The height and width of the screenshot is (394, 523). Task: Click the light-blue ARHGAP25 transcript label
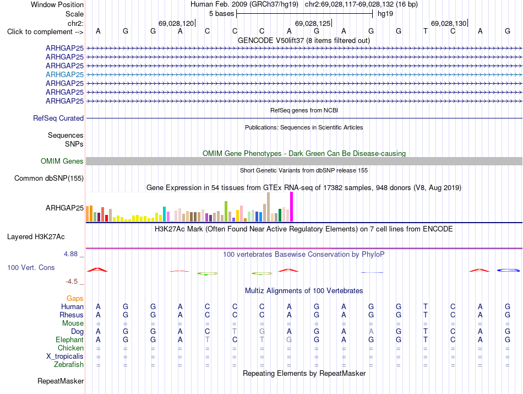65,74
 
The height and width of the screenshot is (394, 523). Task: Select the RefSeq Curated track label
58,118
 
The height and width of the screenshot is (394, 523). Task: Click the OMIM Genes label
62,161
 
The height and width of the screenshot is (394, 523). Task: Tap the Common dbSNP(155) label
49,179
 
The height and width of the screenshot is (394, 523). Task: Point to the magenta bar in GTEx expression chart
292,207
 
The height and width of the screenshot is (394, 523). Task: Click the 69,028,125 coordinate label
313,24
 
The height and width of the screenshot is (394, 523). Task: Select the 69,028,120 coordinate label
176,24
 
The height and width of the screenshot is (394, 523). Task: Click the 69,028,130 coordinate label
449,24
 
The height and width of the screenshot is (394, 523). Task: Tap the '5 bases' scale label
222,14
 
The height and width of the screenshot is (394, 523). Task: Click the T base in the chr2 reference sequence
425,31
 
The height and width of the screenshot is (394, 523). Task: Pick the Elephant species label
70,340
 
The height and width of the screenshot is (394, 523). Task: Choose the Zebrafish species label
69,365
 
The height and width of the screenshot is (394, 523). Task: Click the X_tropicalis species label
65,357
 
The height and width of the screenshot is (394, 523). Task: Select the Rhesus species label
72,315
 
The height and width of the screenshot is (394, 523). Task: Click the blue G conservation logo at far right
508,270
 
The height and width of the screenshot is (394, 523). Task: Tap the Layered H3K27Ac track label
36,237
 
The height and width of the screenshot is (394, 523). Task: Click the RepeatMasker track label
61,381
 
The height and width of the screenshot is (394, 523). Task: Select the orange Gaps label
75,299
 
